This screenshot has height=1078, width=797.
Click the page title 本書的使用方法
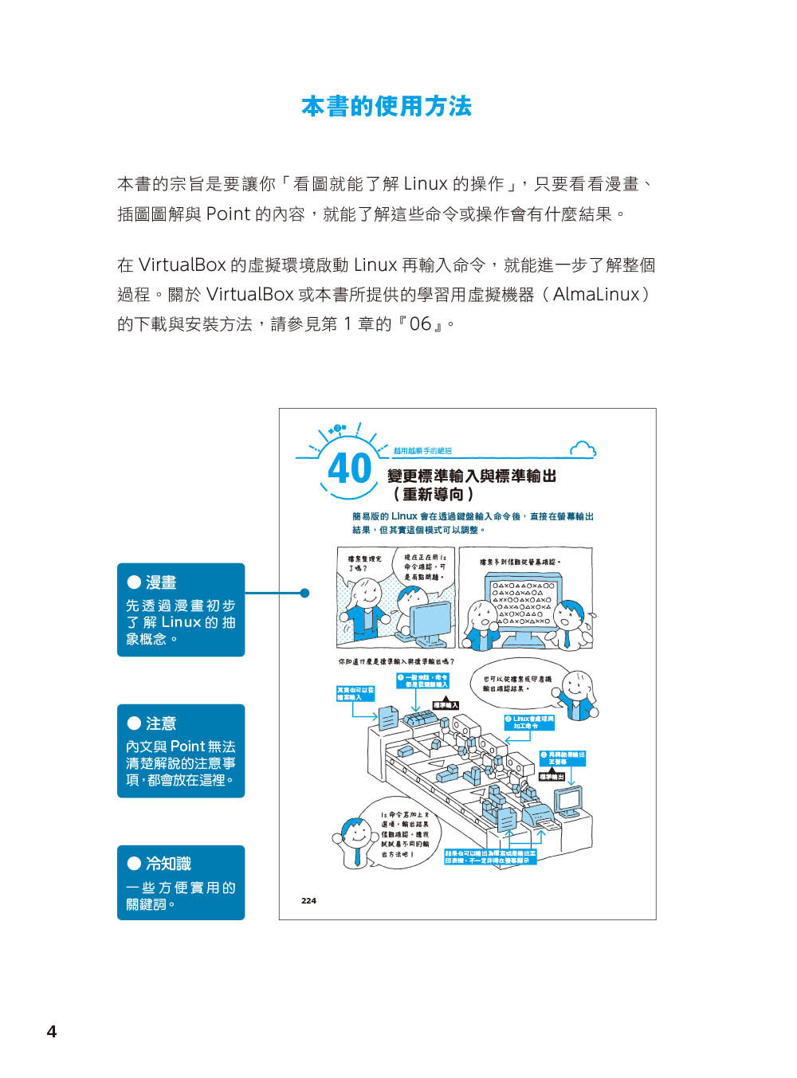pyautogui.click(x=387, y=106)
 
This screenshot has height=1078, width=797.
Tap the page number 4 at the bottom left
pyautogui.click(x=52, y=1031)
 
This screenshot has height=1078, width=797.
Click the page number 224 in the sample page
pyautogui.click(x=308, y=900)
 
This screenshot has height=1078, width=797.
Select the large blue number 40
pyautogui.click(x=349, y=468)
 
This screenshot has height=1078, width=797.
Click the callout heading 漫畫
pyautogui.click(x=161, y=582)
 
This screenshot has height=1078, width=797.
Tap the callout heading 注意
pyautogui.click(x=161, y=723)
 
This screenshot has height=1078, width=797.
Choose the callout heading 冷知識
pyautogui.click(x=168, y=864)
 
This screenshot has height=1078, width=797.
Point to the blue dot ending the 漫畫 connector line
pyautogui.click(x=304, y=593)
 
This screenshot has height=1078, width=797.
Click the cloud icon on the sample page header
pyautogui.click(x=583, y=449)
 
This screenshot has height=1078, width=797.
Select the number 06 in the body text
pyautogui.click(x=420, y=323)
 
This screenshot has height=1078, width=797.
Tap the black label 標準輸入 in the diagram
pyautogui.click(x=446, y=705)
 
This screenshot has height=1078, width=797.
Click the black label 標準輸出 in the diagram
pyautogui.click(x=552, y=776)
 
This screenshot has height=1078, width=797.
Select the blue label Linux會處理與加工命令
pyautogui.click(x=529, y=722)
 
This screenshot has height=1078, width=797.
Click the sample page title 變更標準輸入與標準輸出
pyautogui.click(x=471, y=476)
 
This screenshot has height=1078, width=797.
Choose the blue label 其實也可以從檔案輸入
pyautogui.click(x=355, y=693)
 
